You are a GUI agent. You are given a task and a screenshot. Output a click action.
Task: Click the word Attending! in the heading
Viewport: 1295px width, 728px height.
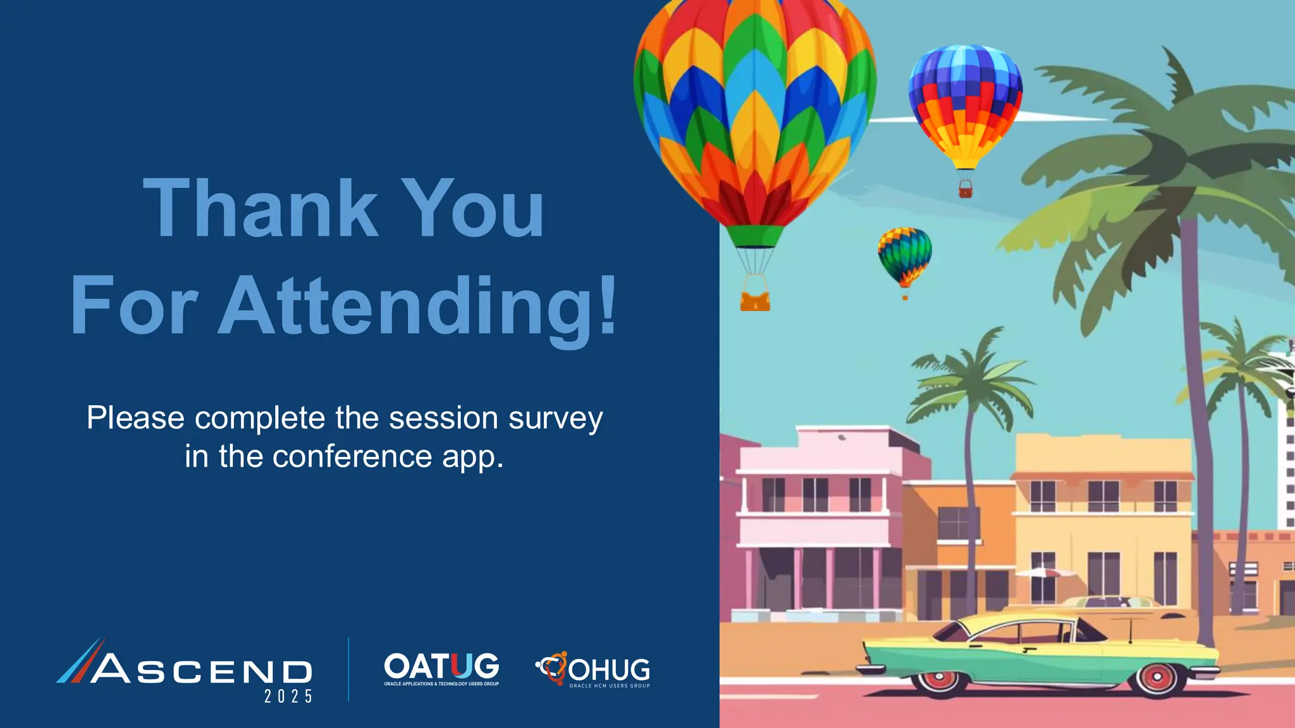[417, 306]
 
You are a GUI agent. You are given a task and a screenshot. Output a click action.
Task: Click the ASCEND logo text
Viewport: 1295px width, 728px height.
[202, 670]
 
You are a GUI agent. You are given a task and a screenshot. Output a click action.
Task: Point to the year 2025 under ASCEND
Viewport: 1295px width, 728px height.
[288, 696]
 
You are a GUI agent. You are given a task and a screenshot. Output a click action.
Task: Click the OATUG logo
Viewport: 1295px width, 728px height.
[441, 669]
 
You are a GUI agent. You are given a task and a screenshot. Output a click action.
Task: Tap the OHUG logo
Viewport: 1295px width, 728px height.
[594, 670]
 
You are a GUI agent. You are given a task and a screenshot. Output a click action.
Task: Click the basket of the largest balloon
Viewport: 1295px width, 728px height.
[755, 301]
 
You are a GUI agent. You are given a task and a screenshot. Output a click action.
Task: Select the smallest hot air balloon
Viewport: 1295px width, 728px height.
[905, 256]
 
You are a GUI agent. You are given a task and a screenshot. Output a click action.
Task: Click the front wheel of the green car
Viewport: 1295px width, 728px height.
[1157, 677]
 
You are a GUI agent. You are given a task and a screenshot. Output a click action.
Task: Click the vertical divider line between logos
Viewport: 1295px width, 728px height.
[348, 670]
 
